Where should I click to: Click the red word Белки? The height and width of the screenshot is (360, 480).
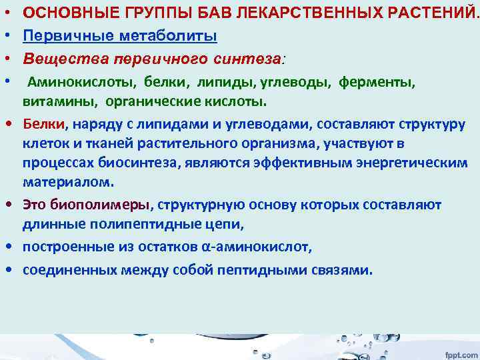click(x=43, y=123)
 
